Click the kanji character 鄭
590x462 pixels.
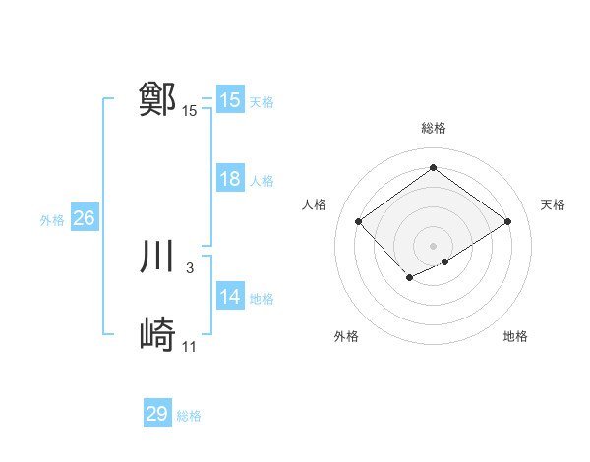click(x=158, y=99)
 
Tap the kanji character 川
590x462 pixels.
click(x=158, y=258)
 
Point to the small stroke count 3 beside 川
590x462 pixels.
click(x=189, y=268)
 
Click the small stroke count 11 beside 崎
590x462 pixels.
click(x=190, y=347)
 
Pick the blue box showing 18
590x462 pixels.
click(x=230, y=179)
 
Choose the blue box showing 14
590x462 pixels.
click(x=230, y=297)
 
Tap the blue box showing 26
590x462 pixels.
click(x=84, y=218)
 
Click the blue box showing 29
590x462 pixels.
click(x=157, y=414)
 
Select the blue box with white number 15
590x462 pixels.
click(x=230, y=100)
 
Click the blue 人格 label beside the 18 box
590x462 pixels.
click(x=262, y=181)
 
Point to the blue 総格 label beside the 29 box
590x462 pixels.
click(x=189, y=416)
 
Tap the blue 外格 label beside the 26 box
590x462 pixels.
click(x=52, y=220)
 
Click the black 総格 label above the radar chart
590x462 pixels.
click(x=433, y=128)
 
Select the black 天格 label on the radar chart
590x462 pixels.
click(x=553, y=204)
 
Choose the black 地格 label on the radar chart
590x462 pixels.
click(x=515, y=336)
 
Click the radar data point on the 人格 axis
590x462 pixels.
click(x=359, y=222)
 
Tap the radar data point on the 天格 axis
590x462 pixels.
click(x=507, y=222)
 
